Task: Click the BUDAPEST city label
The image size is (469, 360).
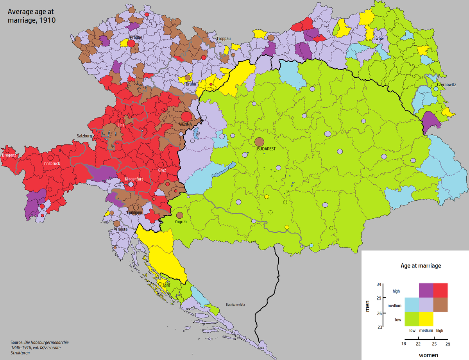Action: [266, 149]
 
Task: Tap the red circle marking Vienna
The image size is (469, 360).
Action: [186, 116]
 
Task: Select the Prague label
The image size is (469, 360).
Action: [133, 37]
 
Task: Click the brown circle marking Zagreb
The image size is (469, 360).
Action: [179, 215]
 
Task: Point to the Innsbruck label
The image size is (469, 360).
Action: [52, 164]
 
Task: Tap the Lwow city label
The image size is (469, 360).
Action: [378, 39]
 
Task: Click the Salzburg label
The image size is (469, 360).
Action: [84, 136]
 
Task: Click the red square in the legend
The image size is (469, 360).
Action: [440, 290]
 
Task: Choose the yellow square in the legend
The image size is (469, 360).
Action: [426, 319]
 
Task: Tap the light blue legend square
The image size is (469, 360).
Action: [412, 305]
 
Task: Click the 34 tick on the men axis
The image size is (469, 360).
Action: [379, 285]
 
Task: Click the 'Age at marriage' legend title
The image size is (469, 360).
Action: [421, 266]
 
